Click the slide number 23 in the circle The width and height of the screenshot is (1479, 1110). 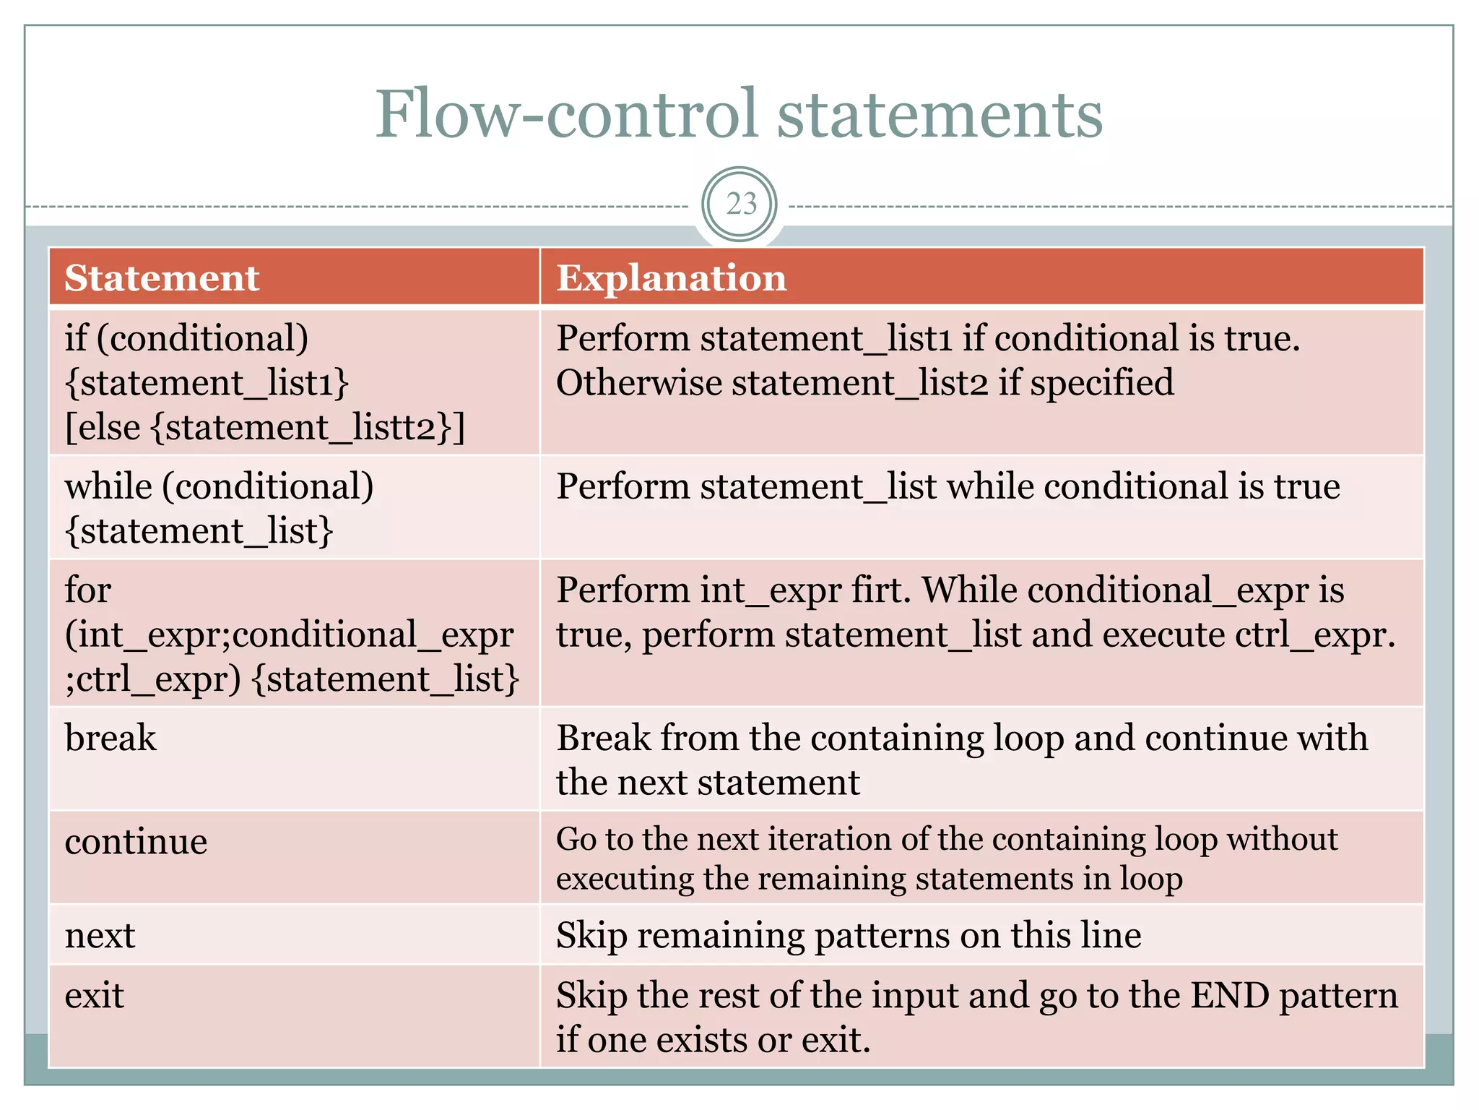tap(740, 205)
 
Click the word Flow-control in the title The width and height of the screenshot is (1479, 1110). tap(566, 114)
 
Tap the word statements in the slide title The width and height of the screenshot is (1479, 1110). tap(939, 114)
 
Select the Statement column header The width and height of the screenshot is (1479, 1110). tap(162, 278)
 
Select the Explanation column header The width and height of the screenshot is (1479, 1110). tap(671, 278)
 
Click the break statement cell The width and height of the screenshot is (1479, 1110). tap(110, 738)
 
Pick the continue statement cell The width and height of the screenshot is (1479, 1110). tap(136, 842)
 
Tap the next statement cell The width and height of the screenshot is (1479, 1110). tap(100, 935)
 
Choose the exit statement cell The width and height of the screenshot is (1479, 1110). tap(95, 996)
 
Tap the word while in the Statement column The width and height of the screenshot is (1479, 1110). tap(108, 486)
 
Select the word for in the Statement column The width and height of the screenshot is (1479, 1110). tap(87, 590)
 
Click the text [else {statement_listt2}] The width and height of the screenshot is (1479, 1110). tap(265, 428)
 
